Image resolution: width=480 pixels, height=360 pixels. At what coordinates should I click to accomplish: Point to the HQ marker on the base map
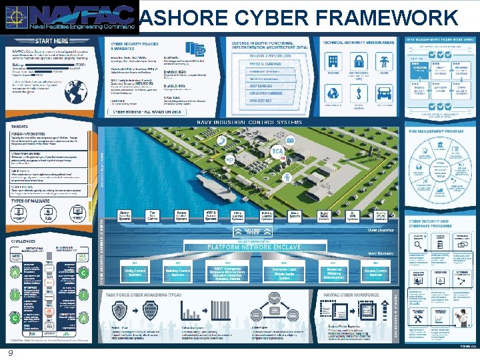[230, 161]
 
